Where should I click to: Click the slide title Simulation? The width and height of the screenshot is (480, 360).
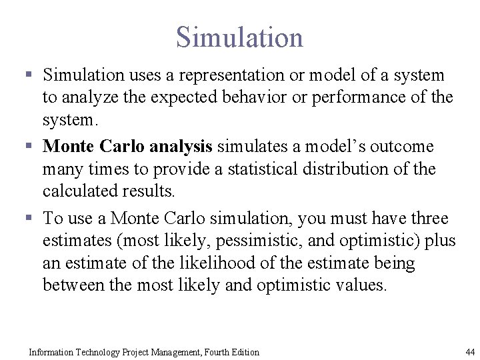click(x=239, y=37)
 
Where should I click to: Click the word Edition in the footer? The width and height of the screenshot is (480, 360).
click(x=243, y=352)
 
